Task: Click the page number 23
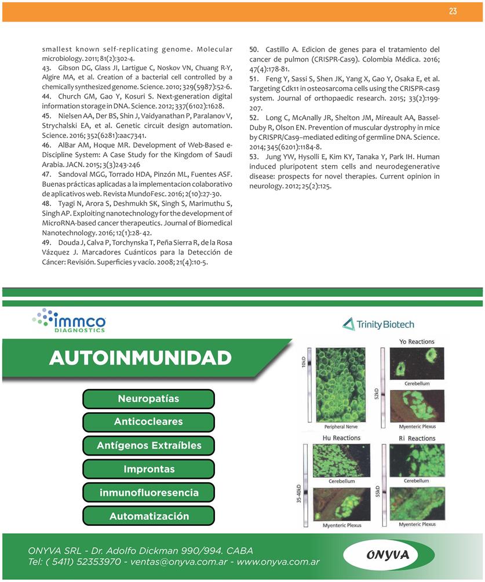pos(453,12)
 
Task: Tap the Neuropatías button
pos(148,399)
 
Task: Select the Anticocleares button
pos(148,422)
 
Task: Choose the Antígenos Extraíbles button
pos(148,446)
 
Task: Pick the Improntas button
pos(148,469)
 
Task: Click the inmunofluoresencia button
pos(148,493)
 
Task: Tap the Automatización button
pos(148,516)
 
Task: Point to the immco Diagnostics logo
pos(70,321)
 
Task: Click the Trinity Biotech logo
pos(378,324)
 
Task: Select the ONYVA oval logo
pos(388,555)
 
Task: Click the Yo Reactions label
pos(417,342)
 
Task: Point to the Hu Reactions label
pos(341,438)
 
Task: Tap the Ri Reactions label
pos(417,438)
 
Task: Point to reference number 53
pos(254,157)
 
